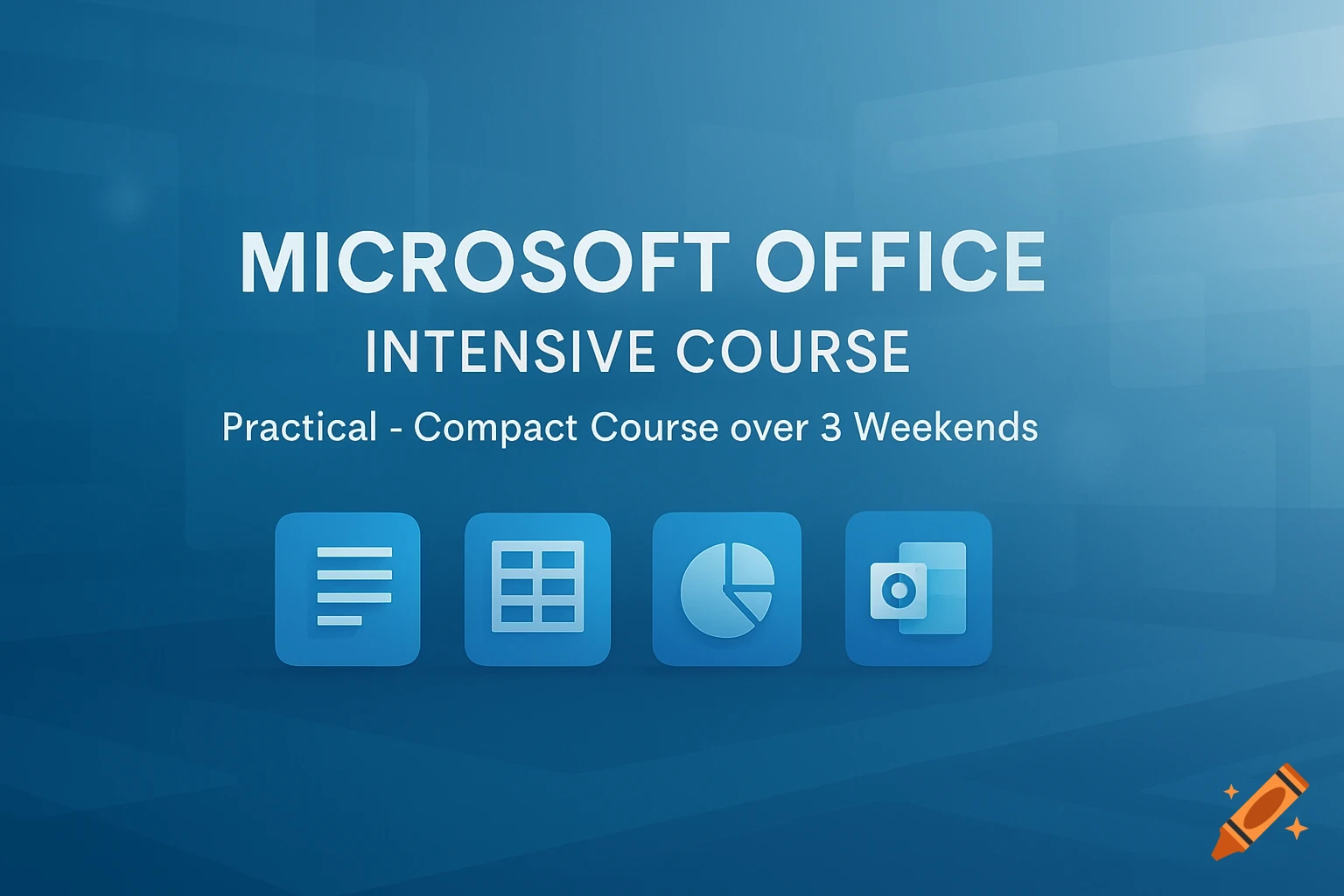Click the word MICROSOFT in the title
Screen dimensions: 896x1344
click(484, 262)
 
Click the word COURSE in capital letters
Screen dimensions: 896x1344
click(793, 352)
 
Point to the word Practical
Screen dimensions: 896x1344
click(299, 428)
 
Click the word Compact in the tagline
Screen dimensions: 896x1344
click(495, 428)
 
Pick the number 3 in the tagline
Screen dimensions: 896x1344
click(830, 428)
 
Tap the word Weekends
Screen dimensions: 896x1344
click(946, 428)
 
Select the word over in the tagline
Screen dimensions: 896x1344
click(769, 428)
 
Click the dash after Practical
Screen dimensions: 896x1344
click(395, 430)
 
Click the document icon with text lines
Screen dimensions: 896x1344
click(347, 589)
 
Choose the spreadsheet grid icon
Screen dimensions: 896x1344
click(537, 589)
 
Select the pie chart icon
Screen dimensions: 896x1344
click(726, 589)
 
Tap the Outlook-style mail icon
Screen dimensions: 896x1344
click(918, 589)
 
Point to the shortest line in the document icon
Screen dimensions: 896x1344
click(339, 620)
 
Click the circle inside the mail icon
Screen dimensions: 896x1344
click(898, 591)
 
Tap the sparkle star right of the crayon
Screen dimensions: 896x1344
click(1297, 827)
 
